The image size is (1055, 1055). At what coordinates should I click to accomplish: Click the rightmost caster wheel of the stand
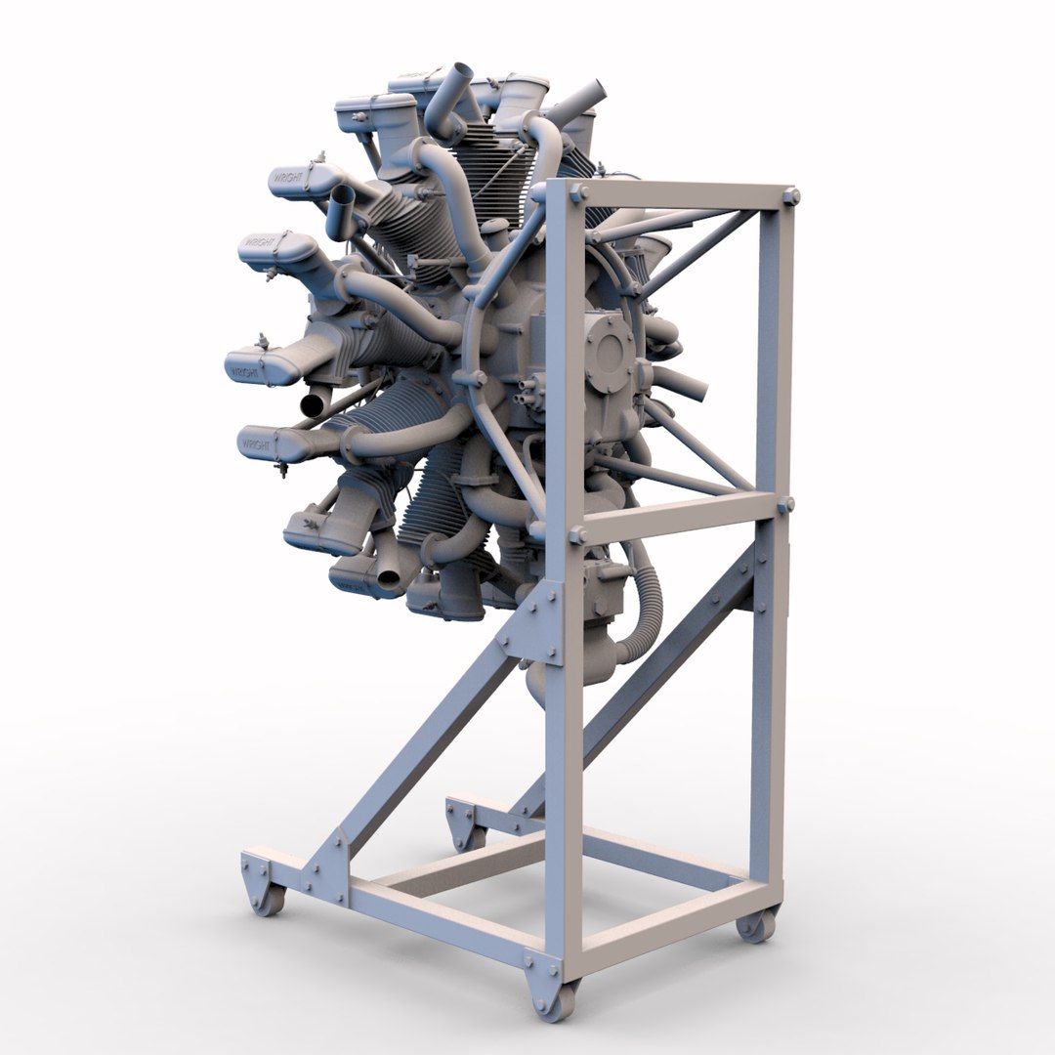[756, 923]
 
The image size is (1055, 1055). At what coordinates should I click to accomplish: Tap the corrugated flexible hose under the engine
[646, 606]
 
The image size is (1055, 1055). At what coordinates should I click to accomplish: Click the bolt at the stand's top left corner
[576, 192]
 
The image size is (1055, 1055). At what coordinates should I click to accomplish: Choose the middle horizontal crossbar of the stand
[674, 515]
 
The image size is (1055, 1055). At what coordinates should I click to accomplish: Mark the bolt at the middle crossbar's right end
[786, 504]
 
